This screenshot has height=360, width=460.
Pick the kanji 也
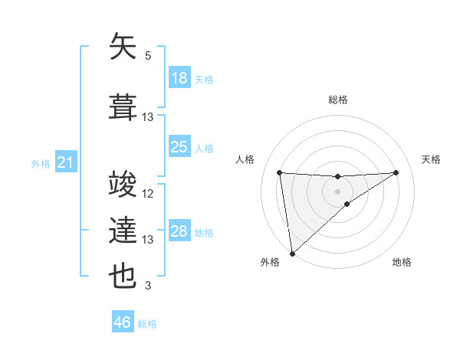pos(123,275)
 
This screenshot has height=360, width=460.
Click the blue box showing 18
pos(179,78)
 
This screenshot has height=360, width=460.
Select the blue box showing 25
pos(179,146)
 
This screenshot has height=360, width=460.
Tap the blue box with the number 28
pos(179,231)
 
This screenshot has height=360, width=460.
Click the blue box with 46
pos(123,322)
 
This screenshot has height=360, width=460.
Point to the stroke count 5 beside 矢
pos(148,56)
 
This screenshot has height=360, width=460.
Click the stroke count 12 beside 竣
pos(148,195)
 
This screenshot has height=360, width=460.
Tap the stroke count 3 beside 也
pos(148,286)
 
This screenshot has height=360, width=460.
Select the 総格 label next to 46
pos(148,324)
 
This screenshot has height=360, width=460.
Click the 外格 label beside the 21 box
pos(41,163)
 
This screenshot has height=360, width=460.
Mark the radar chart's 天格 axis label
pos(432,159)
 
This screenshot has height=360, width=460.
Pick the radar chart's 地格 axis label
pos(402,262)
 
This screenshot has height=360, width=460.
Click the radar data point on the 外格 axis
pos(292,254)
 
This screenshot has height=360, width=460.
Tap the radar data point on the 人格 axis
pos(280,172)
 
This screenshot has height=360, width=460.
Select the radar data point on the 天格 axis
pos(396,172)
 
